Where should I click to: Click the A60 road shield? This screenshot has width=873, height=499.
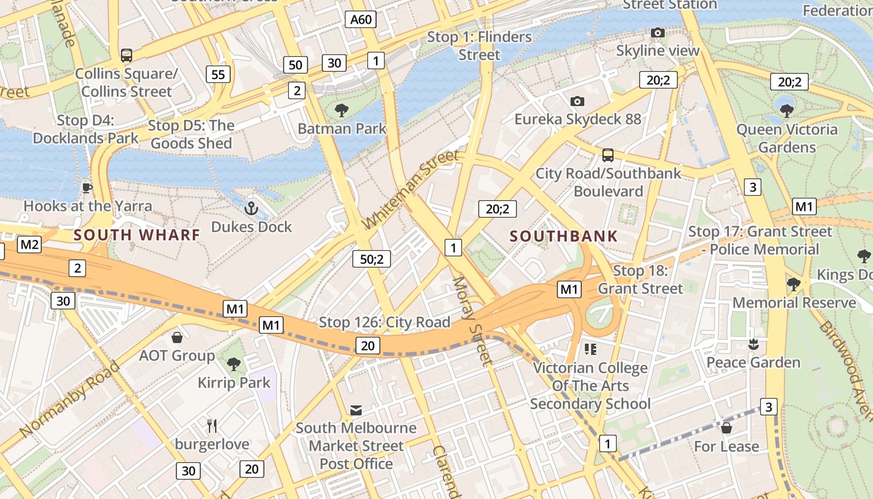click(x=361, y=19)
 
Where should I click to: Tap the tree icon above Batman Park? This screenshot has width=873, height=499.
click(x=341, y=111)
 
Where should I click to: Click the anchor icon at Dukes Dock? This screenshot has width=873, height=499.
click(x=251, y=208)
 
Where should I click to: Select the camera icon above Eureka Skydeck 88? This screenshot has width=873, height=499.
click(x=577, y=101)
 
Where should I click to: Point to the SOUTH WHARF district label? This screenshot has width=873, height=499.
click(x=137, y=235)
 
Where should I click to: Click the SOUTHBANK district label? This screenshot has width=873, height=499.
click(x=564, y=236)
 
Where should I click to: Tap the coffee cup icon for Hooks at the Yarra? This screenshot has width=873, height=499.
click(x=87, y=187)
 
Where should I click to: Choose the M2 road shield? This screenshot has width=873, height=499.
click(x=29, y=245)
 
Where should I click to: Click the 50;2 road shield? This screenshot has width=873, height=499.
click(x=372, y=258)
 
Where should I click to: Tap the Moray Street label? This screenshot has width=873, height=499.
click(x=472, y=320)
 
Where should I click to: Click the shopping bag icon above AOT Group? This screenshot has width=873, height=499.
click(x=177, y=337)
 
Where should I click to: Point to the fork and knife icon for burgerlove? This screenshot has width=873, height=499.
click(x=212, y=426)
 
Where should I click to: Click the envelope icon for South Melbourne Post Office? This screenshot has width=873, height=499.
click(x=356, y=410)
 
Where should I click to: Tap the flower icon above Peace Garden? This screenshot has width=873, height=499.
click(x=753, y=344)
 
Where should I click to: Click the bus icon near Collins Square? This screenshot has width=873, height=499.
click(x=127, y=55)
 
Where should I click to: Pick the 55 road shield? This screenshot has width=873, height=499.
click(x=218, y=75)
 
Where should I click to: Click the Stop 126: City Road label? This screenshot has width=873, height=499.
click(x=384, y=322)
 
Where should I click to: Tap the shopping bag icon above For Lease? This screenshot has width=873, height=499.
click(x=726, y=428)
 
